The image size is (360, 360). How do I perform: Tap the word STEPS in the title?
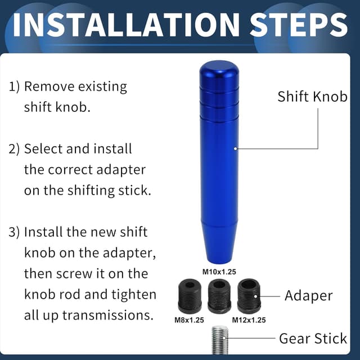click(299, 25)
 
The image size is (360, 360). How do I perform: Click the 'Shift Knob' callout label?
click(312, 96)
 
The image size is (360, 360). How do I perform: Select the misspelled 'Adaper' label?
click(309, 296)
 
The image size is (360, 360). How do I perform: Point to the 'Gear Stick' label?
click(313, 339)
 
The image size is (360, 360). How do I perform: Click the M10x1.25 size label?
click(219, 272)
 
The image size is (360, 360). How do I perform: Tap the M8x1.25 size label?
click(189, 320)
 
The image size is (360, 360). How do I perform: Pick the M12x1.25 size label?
click(249, 320)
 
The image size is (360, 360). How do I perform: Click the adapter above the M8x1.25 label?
click(190, 296)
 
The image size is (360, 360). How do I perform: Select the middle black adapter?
click(219, 296)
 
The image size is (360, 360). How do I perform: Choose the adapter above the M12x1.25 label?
click(249, 296)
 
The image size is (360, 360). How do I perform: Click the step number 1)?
click(14, 87)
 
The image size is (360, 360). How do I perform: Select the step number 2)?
click(14, 149)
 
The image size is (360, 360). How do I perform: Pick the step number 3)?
click(14, 232)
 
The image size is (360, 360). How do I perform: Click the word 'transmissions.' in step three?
click(108, 315)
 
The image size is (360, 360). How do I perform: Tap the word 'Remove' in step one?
click(49, 87)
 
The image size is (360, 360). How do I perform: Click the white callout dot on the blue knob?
click(235, 148)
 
